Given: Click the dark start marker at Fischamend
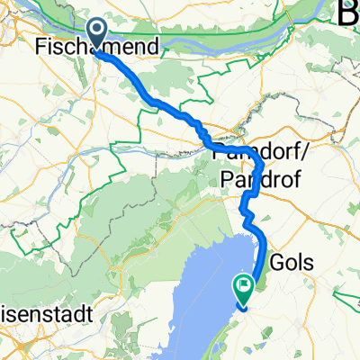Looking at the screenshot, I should tap(96, 33).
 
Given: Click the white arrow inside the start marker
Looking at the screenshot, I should tap(96, 32).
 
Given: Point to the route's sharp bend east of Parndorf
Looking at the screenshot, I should tap(261, 164).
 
